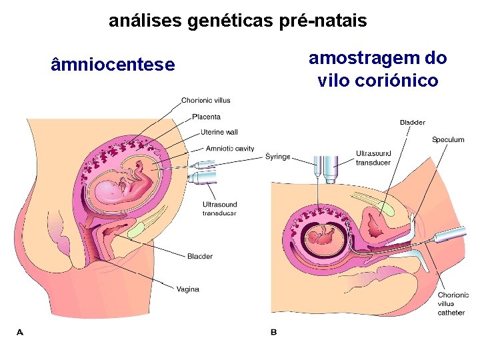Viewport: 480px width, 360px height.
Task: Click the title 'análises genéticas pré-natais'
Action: (x=237, y=21)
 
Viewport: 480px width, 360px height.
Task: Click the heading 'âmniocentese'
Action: (x=113, y=65)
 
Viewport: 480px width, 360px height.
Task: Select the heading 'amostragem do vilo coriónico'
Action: (x=377, y=69)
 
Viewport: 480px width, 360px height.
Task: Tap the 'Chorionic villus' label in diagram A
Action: (x=206, y=101)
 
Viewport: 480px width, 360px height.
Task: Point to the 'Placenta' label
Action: (x=206, y=117)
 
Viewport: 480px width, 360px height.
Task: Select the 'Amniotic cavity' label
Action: (x=230, y=149)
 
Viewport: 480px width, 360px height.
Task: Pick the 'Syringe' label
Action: (x=278, y=157)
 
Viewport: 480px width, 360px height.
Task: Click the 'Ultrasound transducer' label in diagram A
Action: (x=219, y=209)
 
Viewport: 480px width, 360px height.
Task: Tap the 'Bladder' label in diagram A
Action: (x=200, y=257)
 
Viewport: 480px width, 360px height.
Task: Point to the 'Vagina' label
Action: (x=187, y=289)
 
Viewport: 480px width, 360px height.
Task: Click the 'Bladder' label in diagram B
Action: (x=412, y=123)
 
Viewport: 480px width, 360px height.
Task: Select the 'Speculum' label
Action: (x=448, y=140)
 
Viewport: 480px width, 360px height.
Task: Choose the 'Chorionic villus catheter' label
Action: (x=453, y=303)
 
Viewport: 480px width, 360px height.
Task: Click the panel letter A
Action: (x=19, y=331)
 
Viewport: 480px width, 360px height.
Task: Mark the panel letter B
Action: (x=273, y=331)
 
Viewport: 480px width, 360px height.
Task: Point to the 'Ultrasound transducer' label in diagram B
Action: (x=373, y=157)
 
